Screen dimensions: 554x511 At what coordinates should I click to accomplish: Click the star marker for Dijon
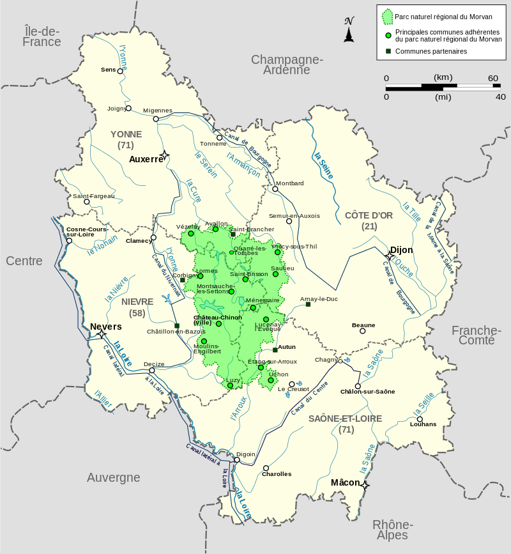(x=390, y=255)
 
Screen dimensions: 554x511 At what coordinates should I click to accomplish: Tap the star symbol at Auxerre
(x=164, y=155)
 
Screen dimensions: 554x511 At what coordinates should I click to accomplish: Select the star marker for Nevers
(x=101, y=334)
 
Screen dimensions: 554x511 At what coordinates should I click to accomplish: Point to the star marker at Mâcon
(x=364, y=486)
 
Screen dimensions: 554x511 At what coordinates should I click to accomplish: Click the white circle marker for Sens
(x=120, y=71)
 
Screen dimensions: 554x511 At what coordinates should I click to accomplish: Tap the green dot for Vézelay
(x=190, y=234)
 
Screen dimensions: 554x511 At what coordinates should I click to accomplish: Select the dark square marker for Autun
(x=275, y=350)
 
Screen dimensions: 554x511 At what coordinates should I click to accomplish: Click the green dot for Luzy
(x=230, y=385)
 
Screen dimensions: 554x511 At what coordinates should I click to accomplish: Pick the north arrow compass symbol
(x=349, y=30)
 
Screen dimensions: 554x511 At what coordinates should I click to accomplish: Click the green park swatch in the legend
(x=386, y=16)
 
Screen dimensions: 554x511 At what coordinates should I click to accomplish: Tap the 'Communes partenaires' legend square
(x=387, y=51)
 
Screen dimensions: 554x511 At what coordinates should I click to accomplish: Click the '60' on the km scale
(x=493, y=78)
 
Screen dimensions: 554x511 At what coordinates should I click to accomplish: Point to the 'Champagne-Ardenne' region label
(x=287, y=65)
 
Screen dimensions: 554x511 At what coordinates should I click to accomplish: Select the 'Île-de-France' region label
(x=42, y=36)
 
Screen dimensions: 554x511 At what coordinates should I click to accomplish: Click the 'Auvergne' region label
(x=114, y=477)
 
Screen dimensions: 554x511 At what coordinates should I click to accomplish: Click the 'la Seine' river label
(x=324, y=165)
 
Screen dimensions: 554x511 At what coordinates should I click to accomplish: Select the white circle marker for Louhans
(x=420, y=419)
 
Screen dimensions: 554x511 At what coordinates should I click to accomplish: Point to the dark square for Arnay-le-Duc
(x=308, y=304)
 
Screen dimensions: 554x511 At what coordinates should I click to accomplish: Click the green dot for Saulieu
(x=275, y=274)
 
